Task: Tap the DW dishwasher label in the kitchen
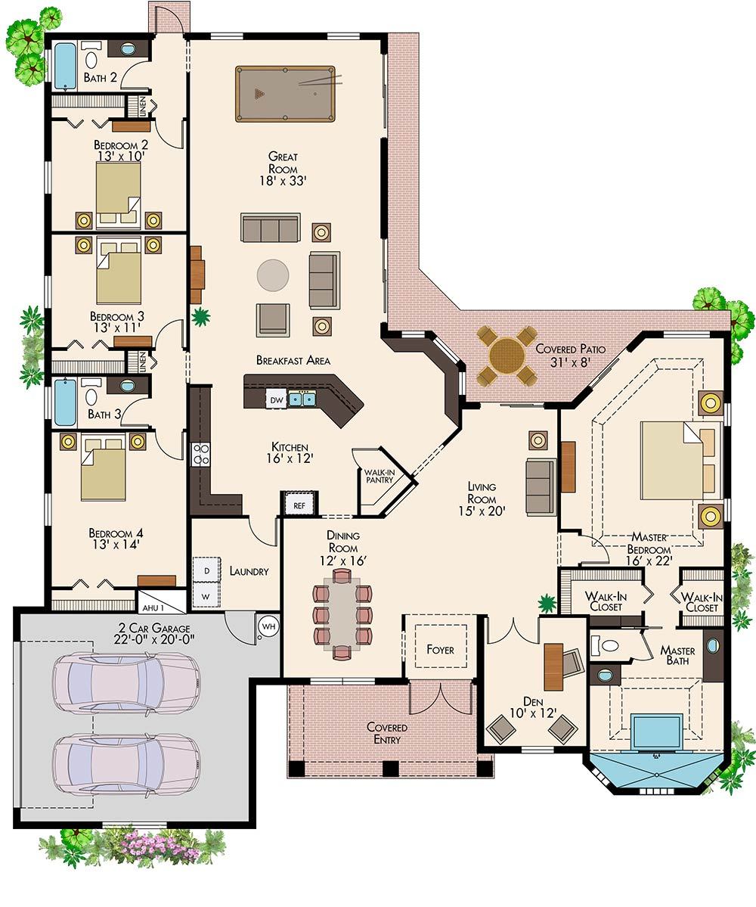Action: [276, 399]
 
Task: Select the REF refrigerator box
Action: [299, 504]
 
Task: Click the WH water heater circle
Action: [268, 626]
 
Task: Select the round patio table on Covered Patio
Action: [507, 354]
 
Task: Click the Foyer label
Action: [440, 649]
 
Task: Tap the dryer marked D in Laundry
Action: [204, 568]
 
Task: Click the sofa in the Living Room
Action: [541, 486]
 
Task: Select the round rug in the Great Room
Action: [272, 275]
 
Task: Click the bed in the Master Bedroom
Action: [673, 460]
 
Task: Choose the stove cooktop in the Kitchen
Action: [202, 455]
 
